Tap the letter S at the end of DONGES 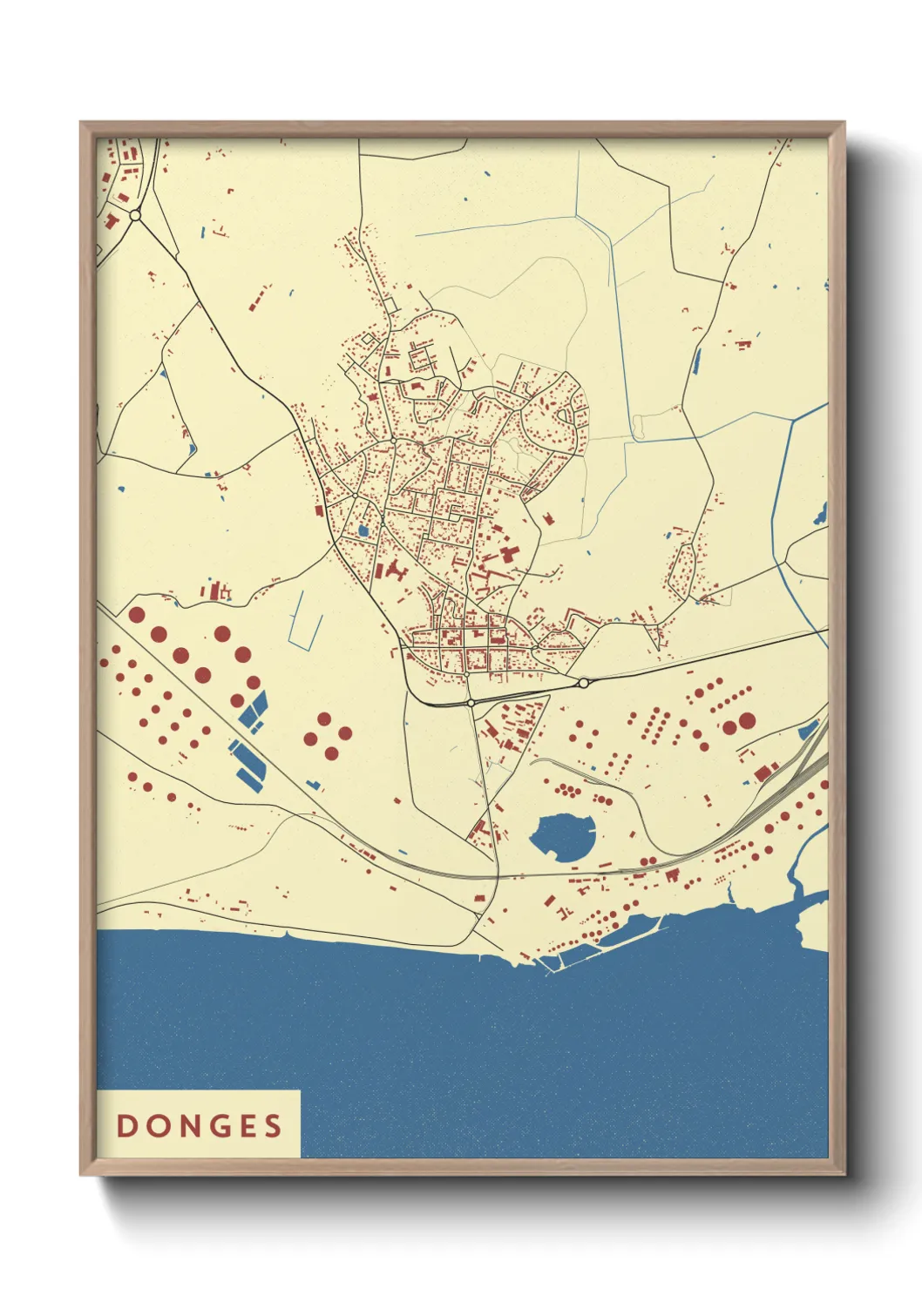point(274,1125)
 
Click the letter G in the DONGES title point(214,1125)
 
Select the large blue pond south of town point(562,836)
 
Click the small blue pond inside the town point(363,530)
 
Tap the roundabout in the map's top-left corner point(135,214)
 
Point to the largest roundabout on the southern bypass point(583,683)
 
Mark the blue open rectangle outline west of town point(306,620)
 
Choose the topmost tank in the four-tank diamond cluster point(324,719)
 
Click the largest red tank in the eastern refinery point(747,721)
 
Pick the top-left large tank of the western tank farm point(137,614)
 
